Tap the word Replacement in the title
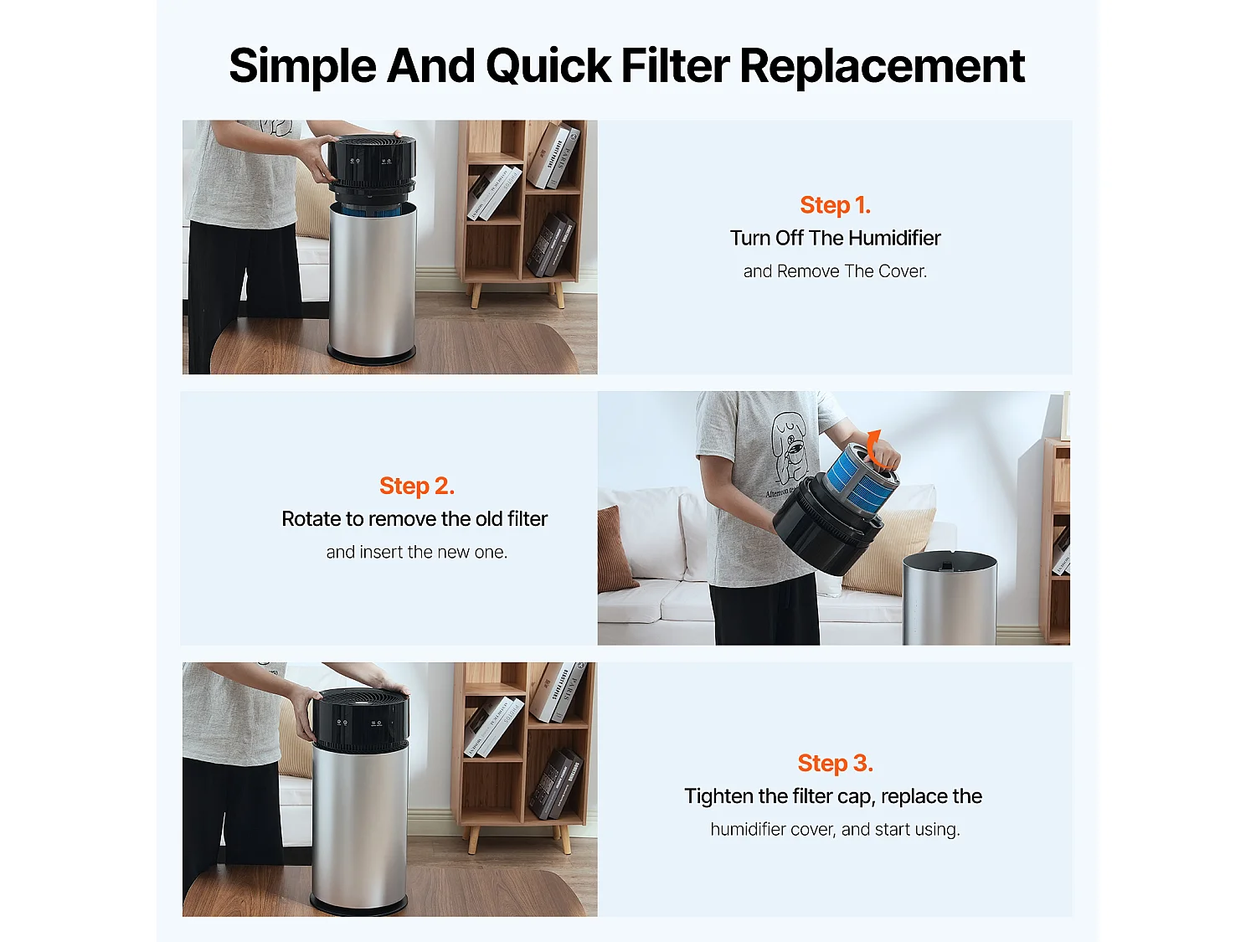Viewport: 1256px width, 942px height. click(882, 66)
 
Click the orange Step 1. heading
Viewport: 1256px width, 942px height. click(835, 205)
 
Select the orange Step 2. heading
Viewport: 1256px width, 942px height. click(416, 486)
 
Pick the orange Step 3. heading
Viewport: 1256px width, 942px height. click(835, 764)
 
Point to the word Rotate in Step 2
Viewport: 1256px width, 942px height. click(311, 519)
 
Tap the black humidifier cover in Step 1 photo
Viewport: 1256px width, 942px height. click(370, 163)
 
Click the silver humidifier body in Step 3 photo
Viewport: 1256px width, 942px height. click(359, 821)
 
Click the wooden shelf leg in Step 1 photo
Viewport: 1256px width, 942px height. click(476, 295)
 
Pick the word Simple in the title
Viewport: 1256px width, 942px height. click(303, 66)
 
